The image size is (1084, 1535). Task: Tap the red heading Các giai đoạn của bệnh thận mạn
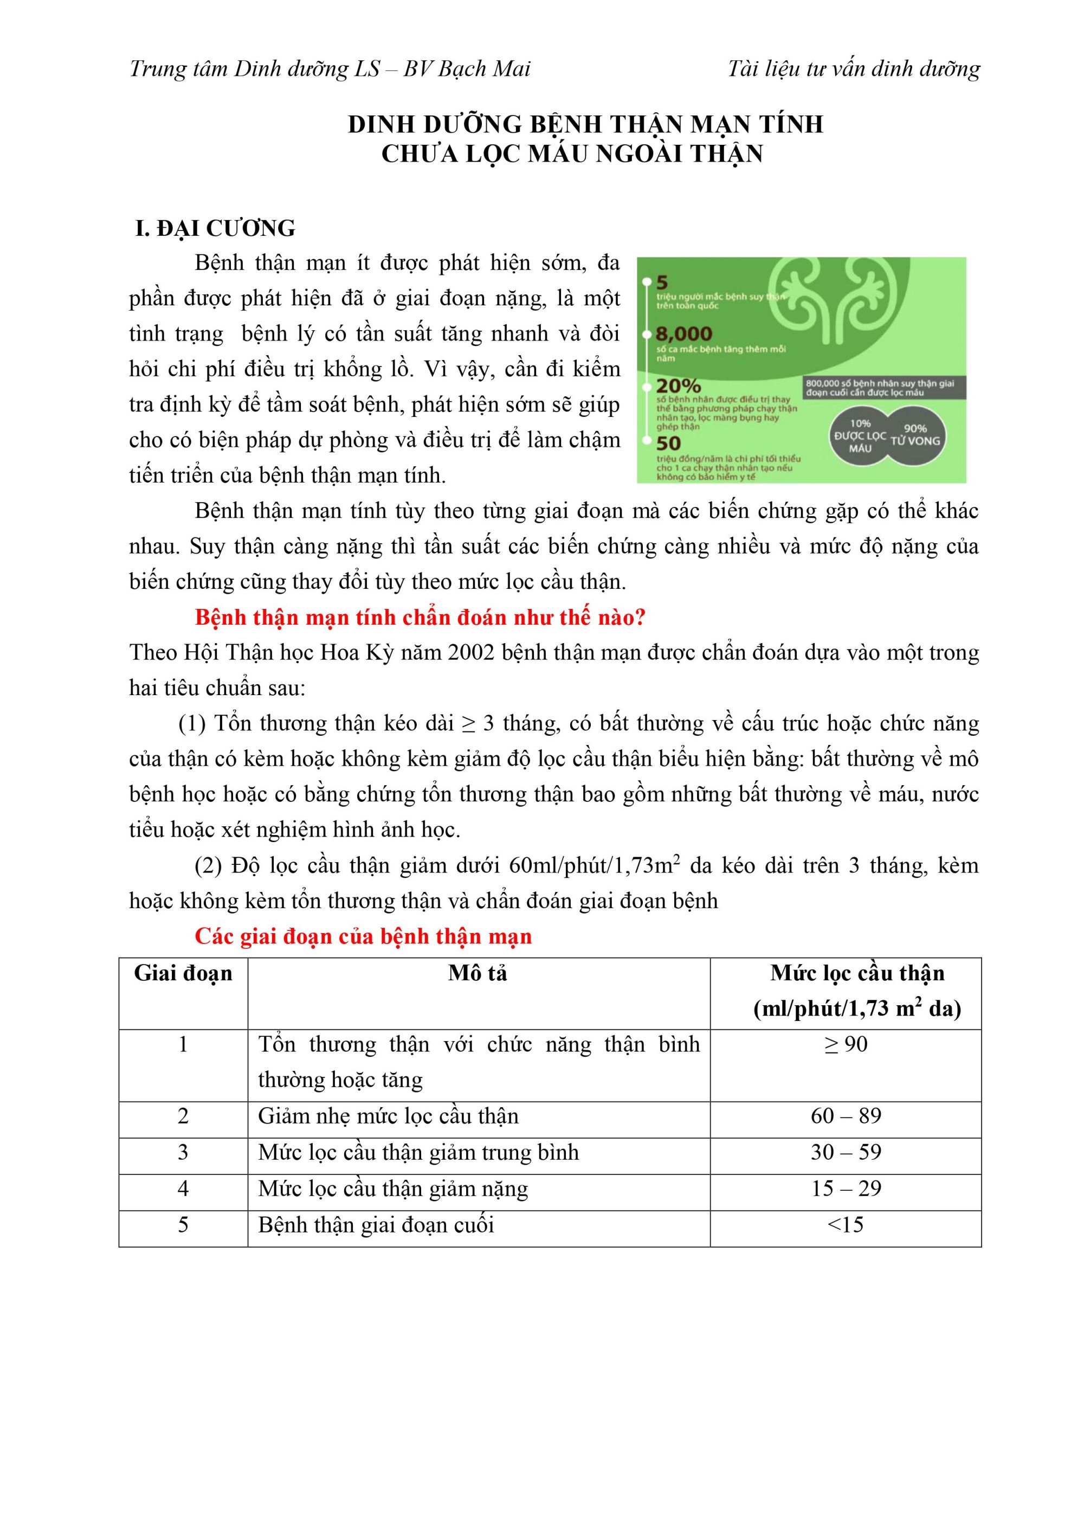(363, 936)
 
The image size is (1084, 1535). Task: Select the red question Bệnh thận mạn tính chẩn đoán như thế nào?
(420, 617)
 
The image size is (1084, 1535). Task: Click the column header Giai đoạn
(183, 973)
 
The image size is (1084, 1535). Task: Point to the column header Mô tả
(478, 973)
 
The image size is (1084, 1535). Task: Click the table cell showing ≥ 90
(846, 1044)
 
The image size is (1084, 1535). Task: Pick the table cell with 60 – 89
(846, 1116)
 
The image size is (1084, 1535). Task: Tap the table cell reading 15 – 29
(846, 1188)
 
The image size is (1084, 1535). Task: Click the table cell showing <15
(846, 1224)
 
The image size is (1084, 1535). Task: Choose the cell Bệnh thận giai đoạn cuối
(376, 1225)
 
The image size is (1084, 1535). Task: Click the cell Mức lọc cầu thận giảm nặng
(393, 1189)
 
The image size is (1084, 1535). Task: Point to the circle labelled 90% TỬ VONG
(915, 435)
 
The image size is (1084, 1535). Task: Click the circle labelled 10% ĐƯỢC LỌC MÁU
(860, 436)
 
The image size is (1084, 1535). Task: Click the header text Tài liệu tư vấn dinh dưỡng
(854, 68)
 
